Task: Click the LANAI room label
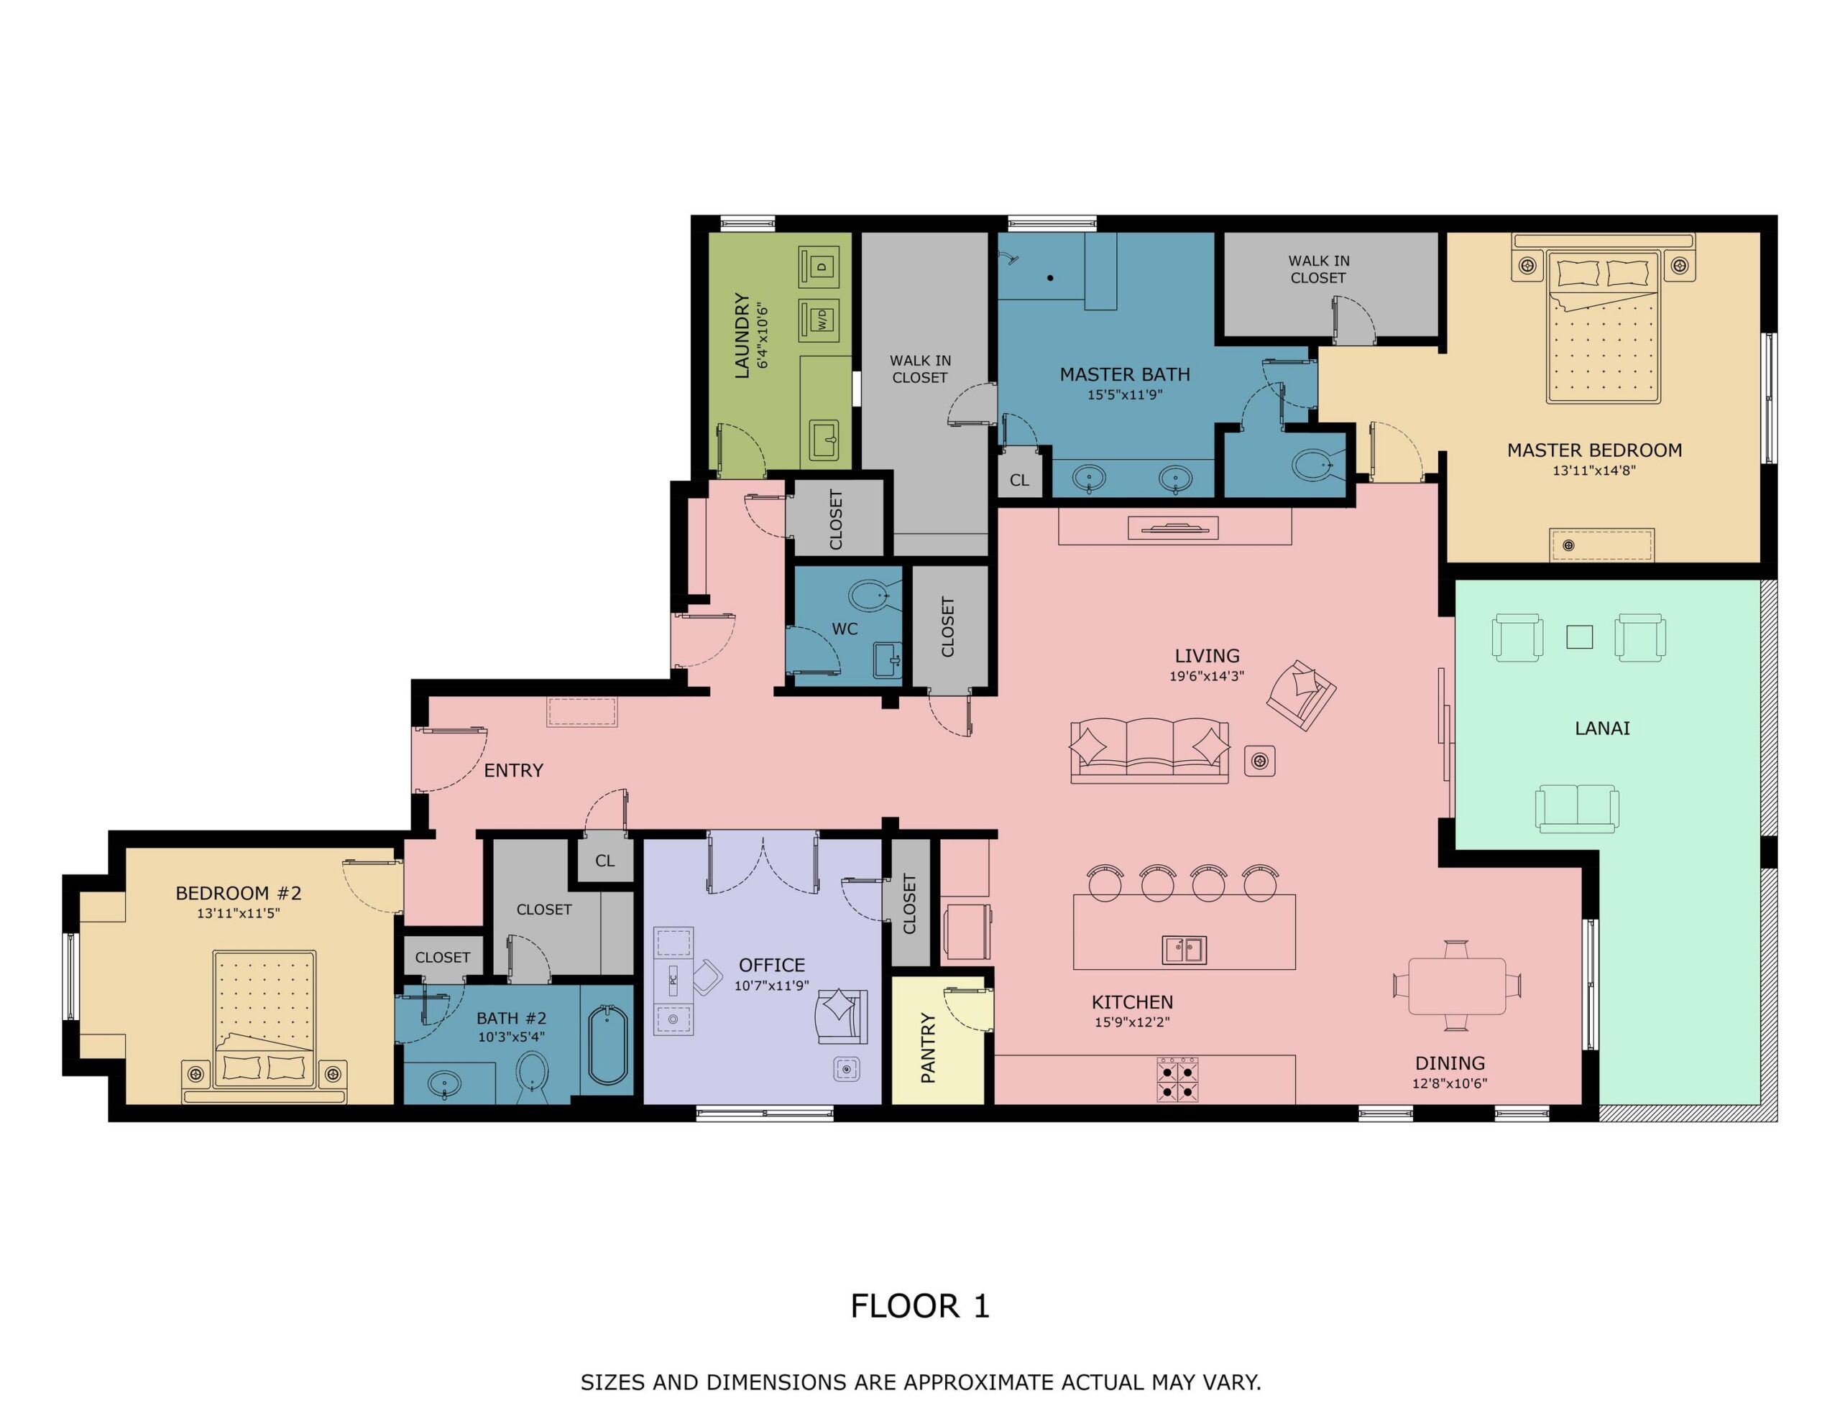[x=1601, y=728]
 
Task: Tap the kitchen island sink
[x=1184, y=949]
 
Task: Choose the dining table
[x=1457, y=986]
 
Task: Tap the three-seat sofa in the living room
[x=1149, y=751]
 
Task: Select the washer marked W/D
[x=822, y=319]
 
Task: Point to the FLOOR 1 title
[x=920, y=1305]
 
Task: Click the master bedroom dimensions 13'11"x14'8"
[x=1594, y=471]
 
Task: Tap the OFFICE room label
[x=772, y=965]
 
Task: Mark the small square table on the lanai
[x=1579, y=637]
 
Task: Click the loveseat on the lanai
[x=1576, y=809]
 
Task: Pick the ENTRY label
[x=513, y=770]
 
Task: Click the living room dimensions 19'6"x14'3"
[x=1207, y=675]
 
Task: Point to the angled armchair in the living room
[x=1302, y=694]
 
